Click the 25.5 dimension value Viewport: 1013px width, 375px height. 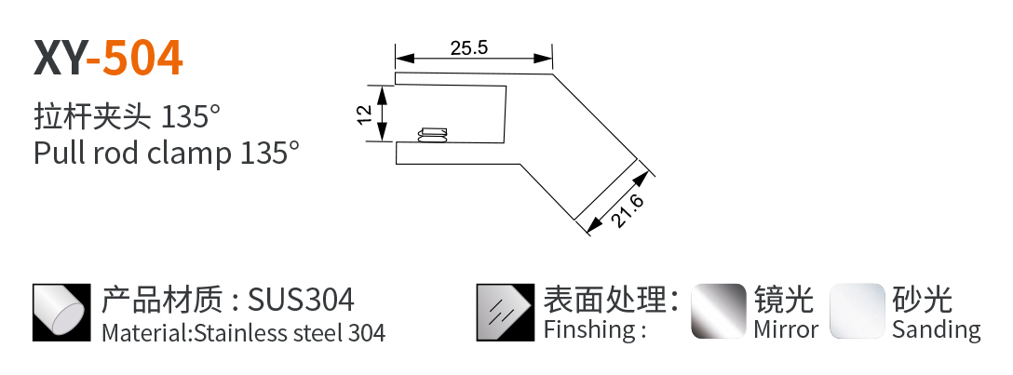click(x=469, y=48)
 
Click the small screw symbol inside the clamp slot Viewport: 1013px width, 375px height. click(x=432, y=136)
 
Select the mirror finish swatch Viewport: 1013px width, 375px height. click(x=718, y=312)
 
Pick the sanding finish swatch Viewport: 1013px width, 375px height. click(x=857, y=312)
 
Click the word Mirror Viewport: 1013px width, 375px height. click(x=786, y=329)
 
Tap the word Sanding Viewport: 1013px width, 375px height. click(x=936, y=329)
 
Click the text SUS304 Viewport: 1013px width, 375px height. click(x=302, y=301)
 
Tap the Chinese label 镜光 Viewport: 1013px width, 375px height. click(x=784, y=300)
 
